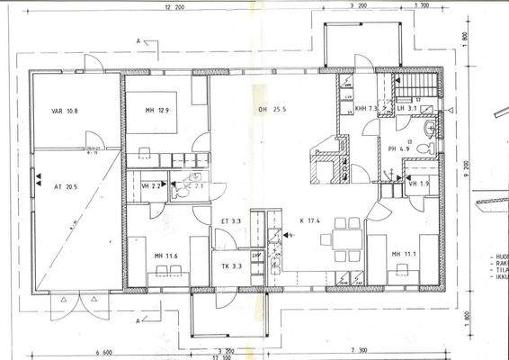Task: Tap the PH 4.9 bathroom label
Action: pos(398,149)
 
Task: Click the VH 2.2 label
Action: pos(150,185)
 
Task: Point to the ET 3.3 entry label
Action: pos(230,220)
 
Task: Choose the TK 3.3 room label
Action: pos(230,266)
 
